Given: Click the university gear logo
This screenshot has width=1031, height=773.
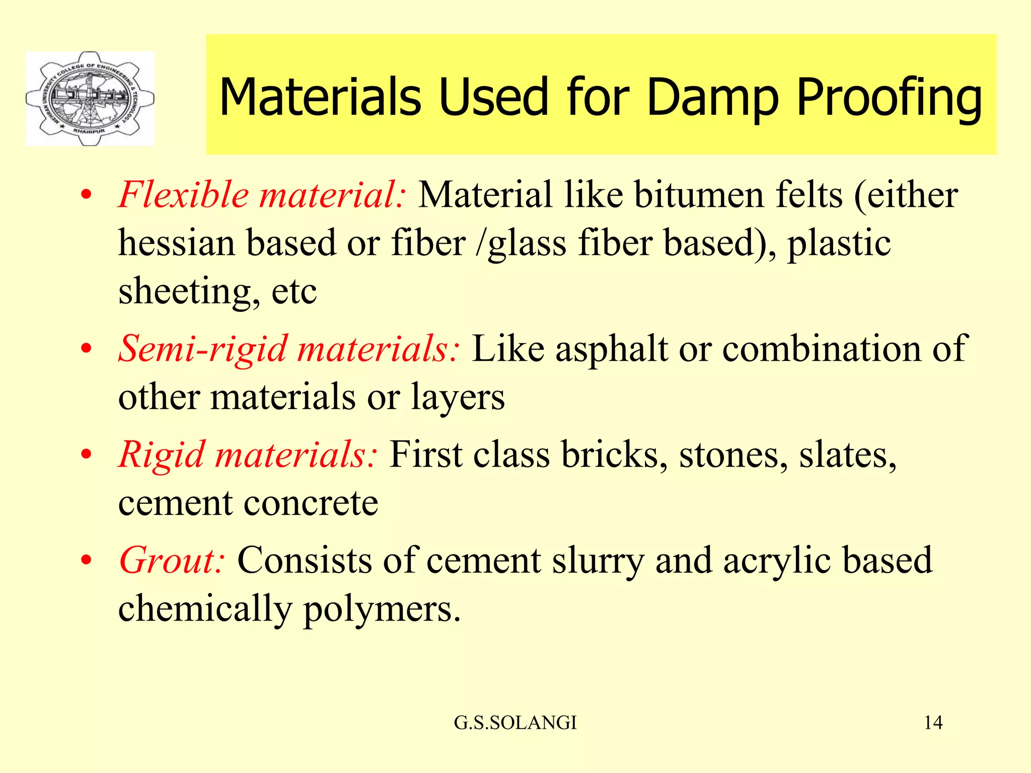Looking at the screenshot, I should [90, 99].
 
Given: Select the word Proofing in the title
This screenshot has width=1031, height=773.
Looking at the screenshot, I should [889, 98].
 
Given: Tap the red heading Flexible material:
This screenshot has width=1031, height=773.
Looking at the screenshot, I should [261, 195].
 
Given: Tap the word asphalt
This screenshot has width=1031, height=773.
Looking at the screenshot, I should [612, 349].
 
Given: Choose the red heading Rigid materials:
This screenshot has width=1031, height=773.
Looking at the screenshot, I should [247, 454].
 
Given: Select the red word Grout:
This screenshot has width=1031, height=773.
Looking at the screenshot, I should [171, 561].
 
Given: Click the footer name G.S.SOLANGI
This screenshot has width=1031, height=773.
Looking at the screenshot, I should [515, 723].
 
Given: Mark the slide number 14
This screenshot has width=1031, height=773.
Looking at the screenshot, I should [933, 723].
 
